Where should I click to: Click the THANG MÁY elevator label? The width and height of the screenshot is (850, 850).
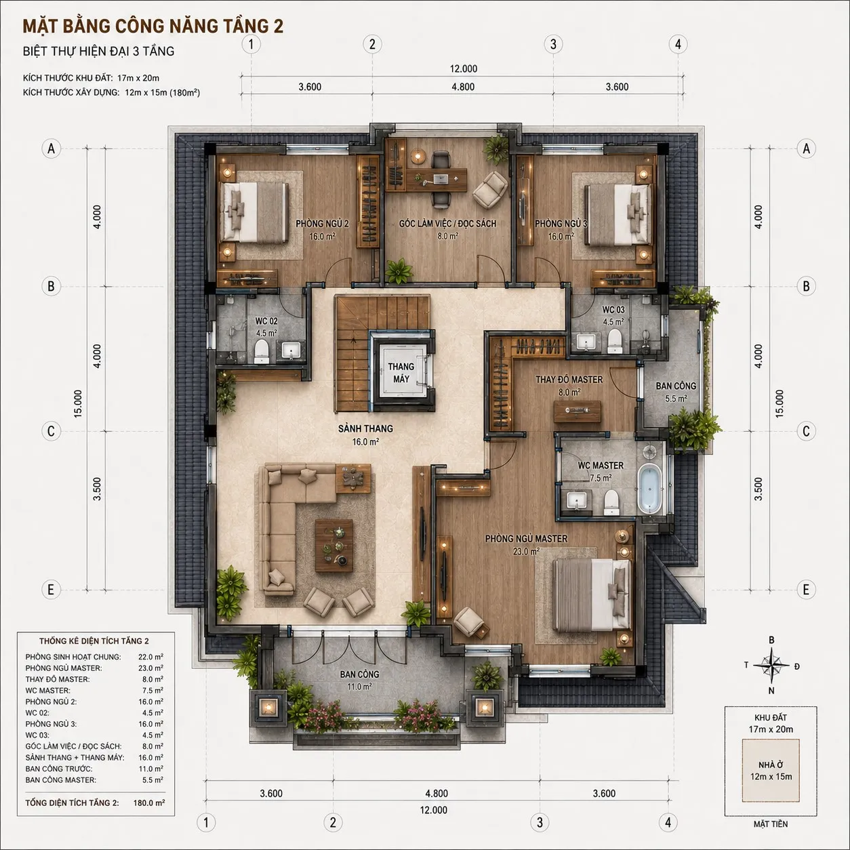[x=401, y=373]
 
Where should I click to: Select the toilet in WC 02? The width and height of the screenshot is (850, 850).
[x=262, y=351]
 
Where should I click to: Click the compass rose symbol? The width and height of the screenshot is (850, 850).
[x=771, y=665]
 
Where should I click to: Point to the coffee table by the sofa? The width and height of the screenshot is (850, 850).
[x=334, y=545]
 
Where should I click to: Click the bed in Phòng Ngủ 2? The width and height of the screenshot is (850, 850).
[x=254, y=213]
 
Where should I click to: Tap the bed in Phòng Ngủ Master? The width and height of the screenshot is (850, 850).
[x=592, y=595]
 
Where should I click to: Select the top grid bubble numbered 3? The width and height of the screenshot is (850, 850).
[x=553, y=44]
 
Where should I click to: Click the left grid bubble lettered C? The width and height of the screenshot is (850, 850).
[x=51, y=430]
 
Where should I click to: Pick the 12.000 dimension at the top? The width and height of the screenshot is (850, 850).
[x=463, y=69]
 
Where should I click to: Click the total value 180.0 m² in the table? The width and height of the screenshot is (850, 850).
[x=149, y=803]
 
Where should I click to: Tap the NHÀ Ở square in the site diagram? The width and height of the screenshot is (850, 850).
[x=771, y=776]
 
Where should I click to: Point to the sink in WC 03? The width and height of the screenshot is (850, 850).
[x=585, y=342]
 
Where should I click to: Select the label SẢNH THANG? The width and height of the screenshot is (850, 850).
[x=365, y=428]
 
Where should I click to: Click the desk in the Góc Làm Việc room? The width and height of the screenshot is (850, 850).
[x=437, y=180]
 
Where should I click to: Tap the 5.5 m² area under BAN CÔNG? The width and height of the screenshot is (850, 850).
[x=676, y=399]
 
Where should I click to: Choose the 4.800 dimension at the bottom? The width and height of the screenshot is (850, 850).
[x=437, y=793]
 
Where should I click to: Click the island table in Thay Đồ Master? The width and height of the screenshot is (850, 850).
[x=578, y=411]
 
